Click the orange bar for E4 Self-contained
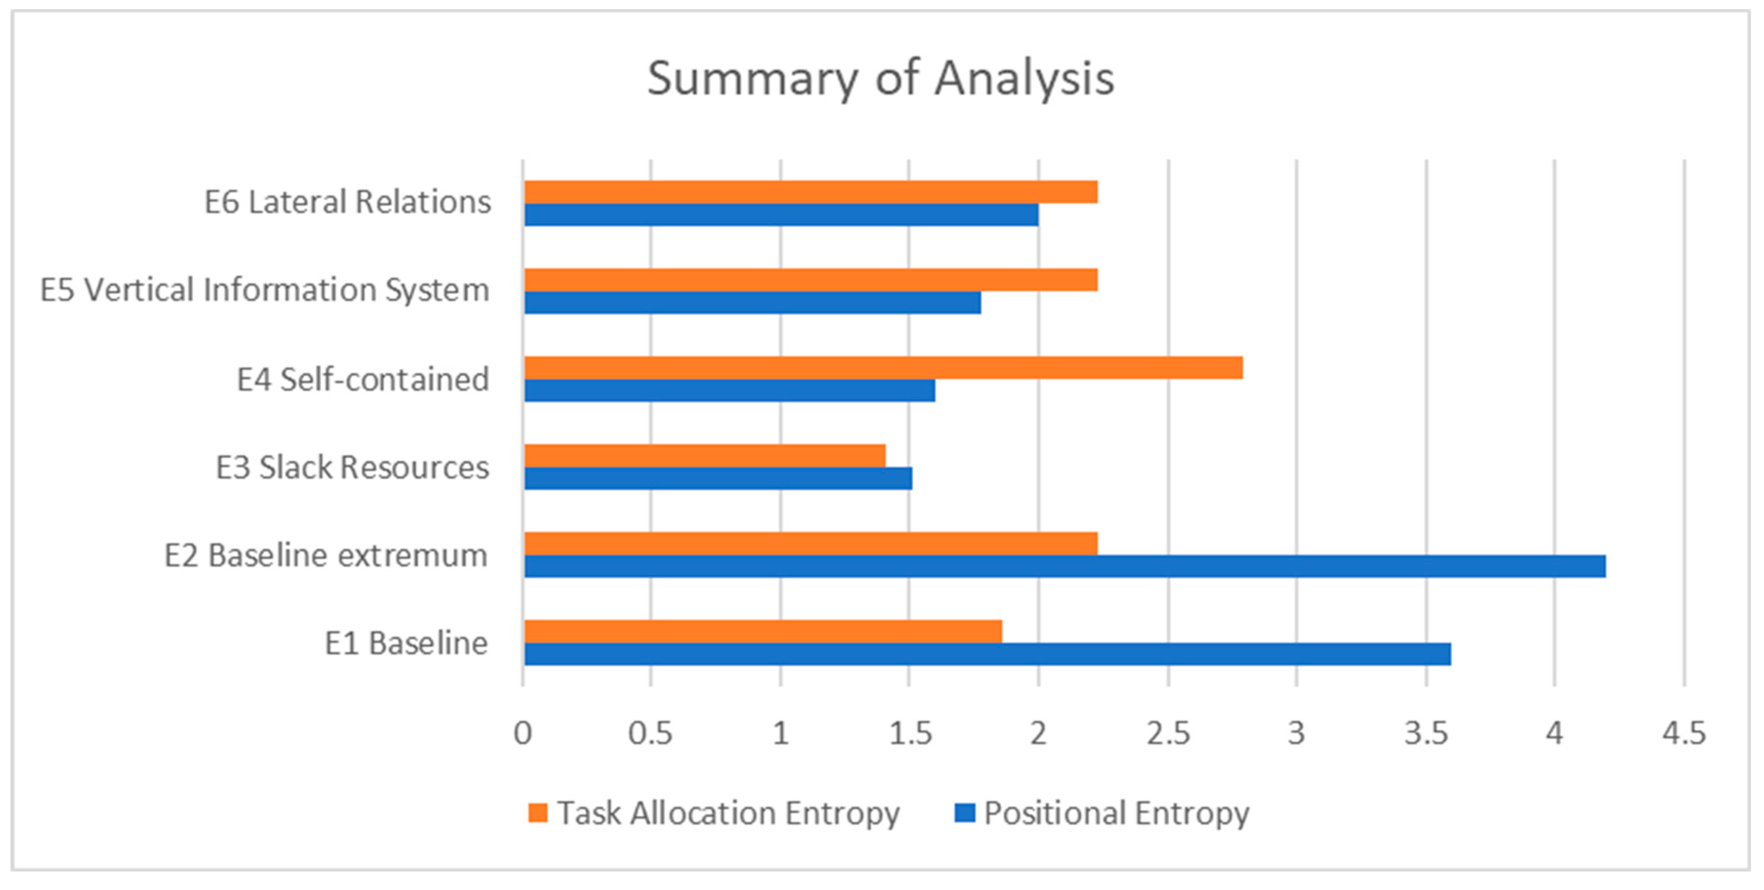[883, 368]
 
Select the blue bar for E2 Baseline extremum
[1065, 566]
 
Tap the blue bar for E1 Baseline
[987, 654]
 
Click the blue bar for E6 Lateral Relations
[781, 215]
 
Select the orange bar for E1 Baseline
[763, 631]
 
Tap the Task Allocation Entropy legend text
[728, 813]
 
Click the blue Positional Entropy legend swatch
[964, 813]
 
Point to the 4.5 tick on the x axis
[1684, 733]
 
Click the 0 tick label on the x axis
[523, 733]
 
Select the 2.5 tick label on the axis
[1168, 733]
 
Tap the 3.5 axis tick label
[1426, 733]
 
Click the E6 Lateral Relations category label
[348, 202]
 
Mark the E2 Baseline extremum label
[326, 555]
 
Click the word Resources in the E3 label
[414, 467]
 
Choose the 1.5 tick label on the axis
[909, 733]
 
